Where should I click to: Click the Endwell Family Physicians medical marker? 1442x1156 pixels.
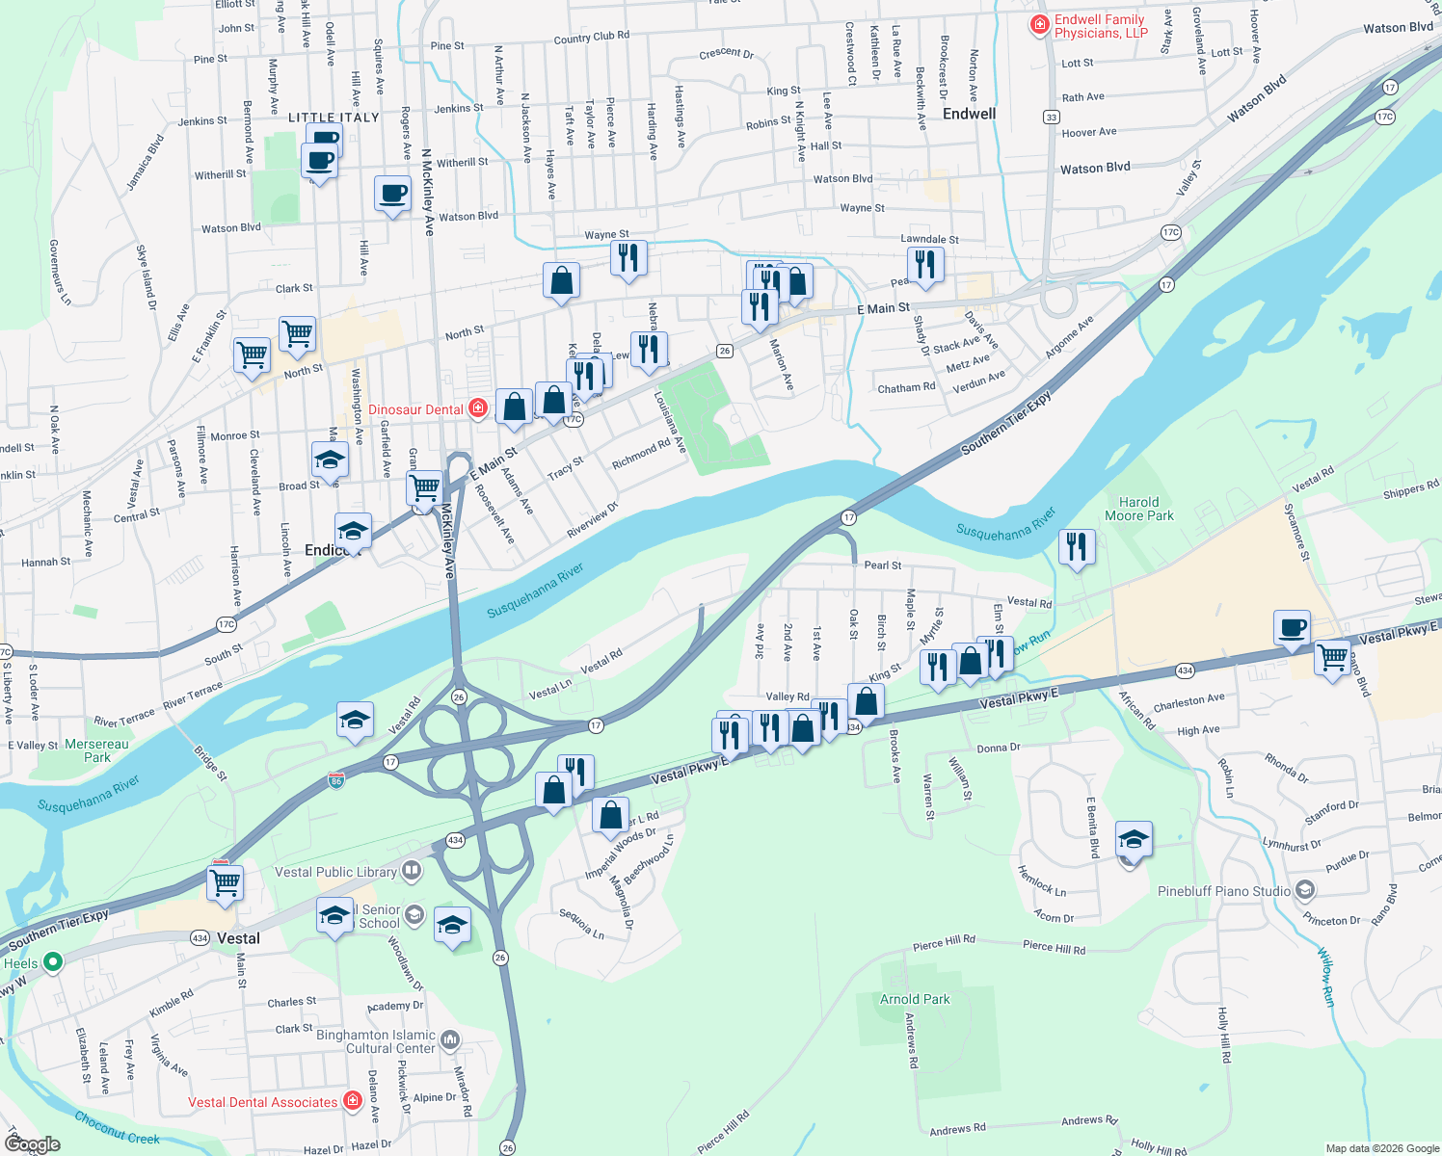pyautogui.click(x=1039, y=26)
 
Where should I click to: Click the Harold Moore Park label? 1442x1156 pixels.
pyautogui.click(x=1138, y=509)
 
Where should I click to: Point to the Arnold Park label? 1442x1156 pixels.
pyautogui.click(x=915, y=999)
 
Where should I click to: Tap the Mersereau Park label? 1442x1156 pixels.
pyautogui.click(x=96, y=750)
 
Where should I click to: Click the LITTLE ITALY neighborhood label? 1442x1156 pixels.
pyautogui.click(x=334, y=118)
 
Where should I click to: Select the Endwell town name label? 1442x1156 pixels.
pyautogui.click(x=969, y=114)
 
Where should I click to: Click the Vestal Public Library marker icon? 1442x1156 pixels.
pyautogui.click(x=412, y=872)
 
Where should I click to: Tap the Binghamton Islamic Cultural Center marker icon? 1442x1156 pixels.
pyautogui.click(x=450, y=1040)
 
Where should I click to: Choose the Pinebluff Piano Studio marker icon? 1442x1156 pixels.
pyautogui.click(x=1305, y=890)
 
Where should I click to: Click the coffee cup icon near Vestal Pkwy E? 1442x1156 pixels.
pyautogui.click(x=1292, y=628)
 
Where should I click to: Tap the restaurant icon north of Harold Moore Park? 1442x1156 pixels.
pyautogui.click(x=1076, y=546)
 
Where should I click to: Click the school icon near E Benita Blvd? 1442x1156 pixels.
pyautogui.click(x=1134, y=839)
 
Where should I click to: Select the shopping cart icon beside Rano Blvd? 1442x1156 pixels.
pyautogui.click(x=1332, y=658)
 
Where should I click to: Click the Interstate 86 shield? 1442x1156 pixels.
pyautogui.click(x=336, y=779)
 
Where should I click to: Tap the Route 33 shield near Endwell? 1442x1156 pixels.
pyautogui.click(x=1051, y=117)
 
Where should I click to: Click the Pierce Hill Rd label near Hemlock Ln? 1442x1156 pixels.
pyautogui.click(x=1054, y=948)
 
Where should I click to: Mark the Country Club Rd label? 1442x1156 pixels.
pyautogui.click(x=591, y=38)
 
